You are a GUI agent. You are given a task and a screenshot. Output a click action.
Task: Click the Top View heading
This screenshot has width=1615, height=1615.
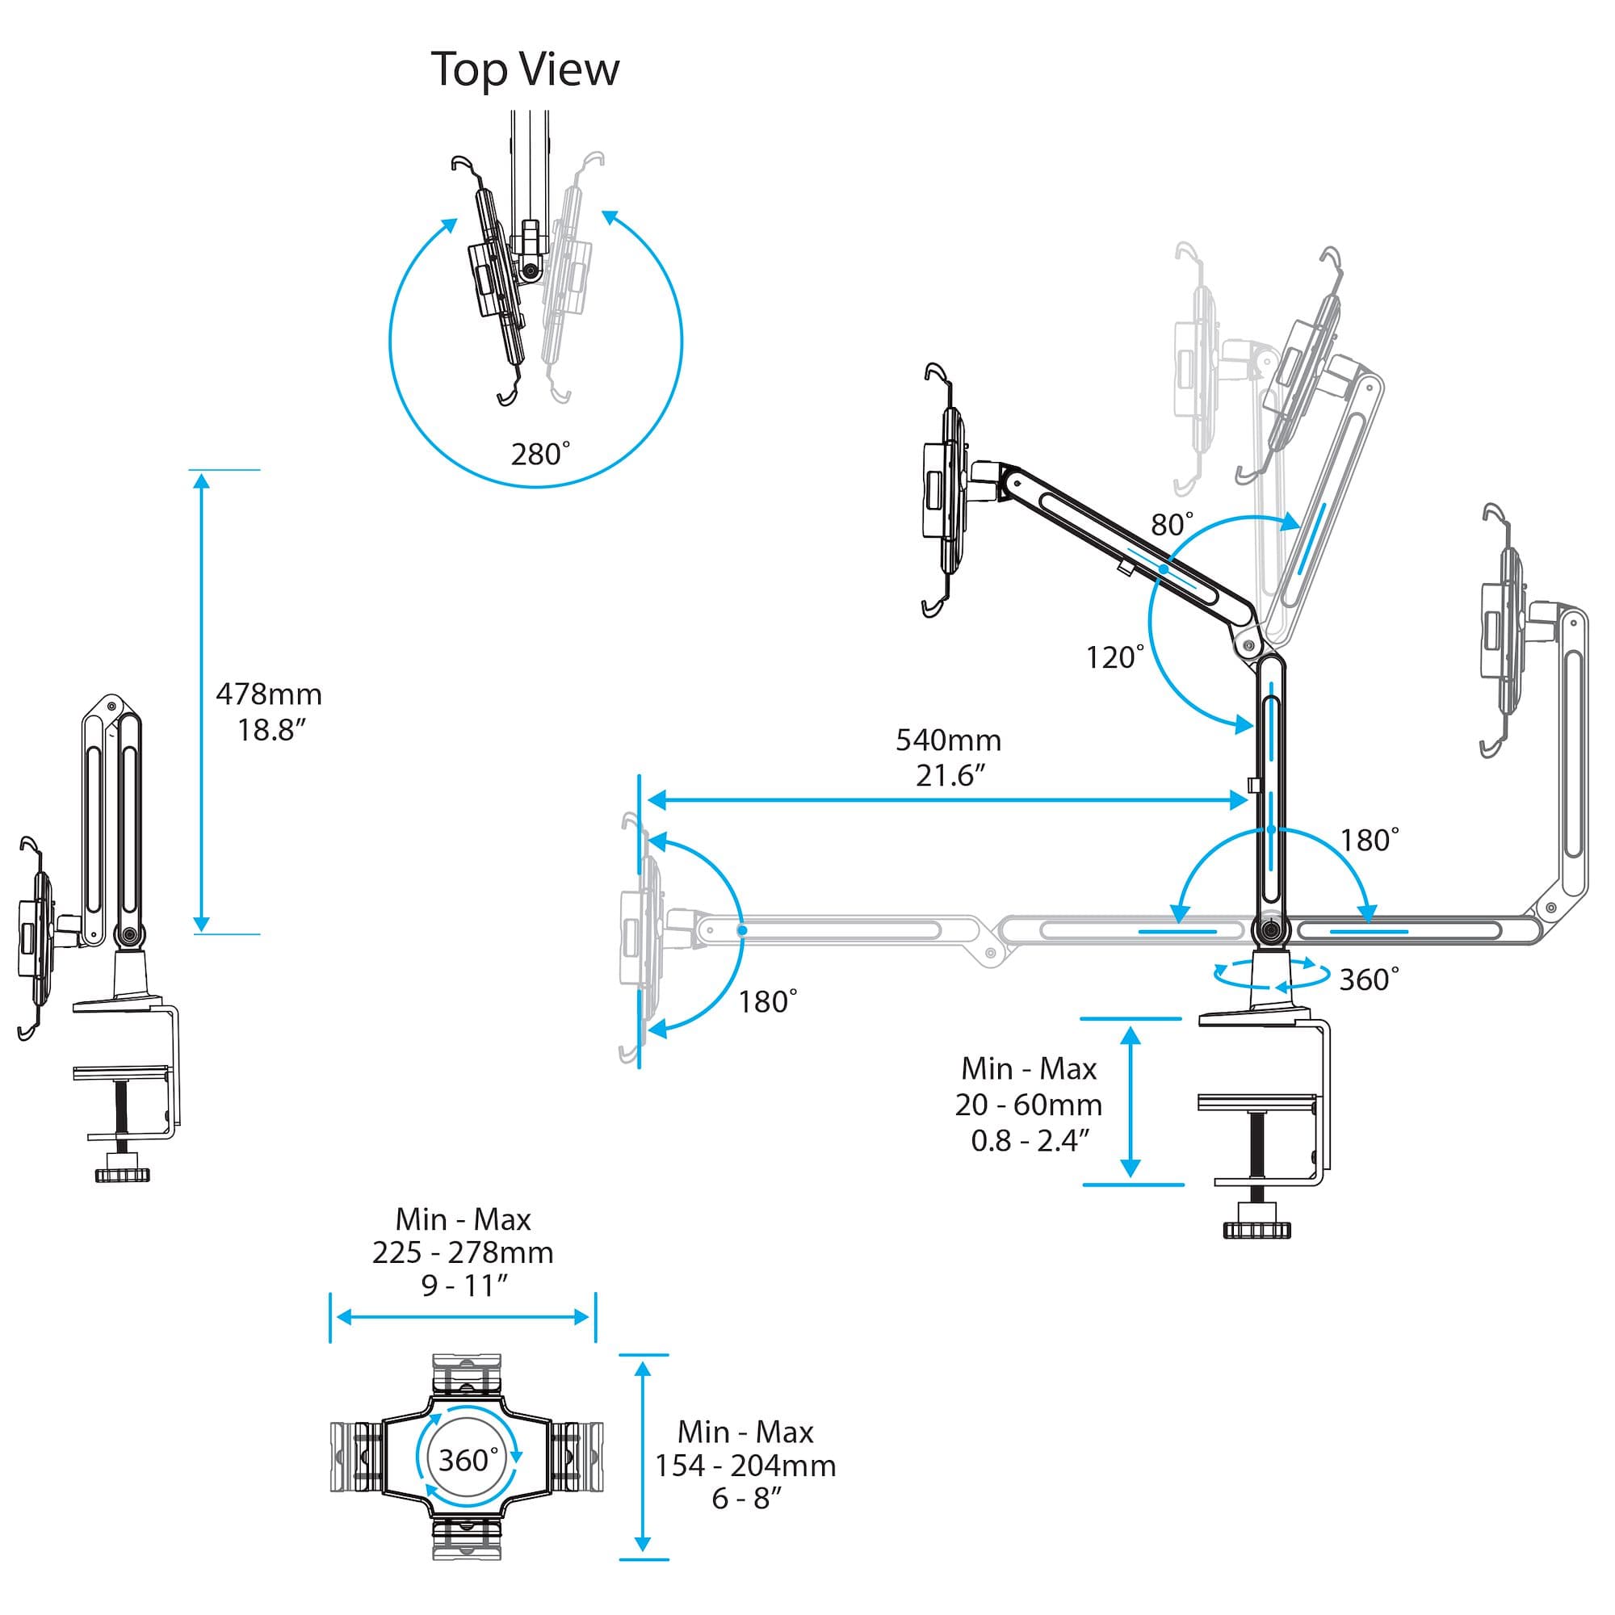coord(525,69)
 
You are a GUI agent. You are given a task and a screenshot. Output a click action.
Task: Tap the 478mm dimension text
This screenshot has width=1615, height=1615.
coord(268,694)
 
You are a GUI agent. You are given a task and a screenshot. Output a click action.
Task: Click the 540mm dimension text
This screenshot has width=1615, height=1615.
coord(948,740)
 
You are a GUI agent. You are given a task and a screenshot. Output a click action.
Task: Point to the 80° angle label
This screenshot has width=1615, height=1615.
coord(1172,524)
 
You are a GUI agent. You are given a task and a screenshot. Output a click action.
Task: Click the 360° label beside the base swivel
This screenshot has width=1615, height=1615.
coord(1369,979)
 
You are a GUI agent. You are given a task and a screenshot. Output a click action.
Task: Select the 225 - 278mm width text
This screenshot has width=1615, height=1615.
coord(462,1252)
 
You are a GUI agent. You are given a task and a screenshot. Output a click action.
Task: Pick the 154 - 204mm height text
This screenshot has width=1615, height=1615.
coord(745,1466)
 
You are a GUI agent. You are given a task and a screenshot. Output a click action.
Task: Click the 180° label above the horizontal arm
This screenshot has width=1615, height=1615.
coord(1370,840)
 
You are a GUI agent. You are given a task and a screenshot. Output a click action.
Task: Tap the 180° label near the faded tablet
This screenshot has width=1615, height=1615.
coord(767,1001)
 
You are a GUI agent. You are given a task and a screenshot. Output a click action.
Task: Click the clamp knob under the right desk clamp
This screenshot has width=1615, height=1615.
coord(1256,1228)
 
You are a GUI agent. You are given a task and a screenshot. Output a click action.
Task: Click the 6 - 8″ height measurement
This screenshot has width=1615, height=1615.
coord(745,1499)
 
